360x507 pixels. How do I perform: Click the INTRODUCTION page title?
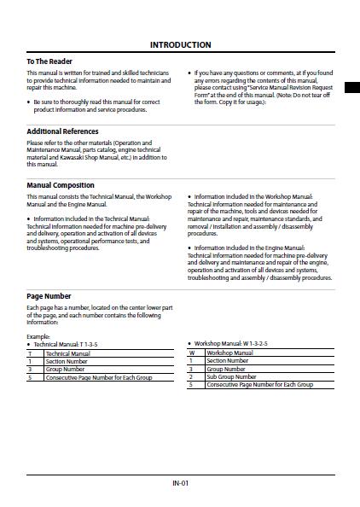[180, 44]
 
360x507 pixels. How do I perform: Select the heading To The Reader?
[49, 61]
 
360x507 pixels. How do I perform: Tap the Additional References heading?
[63, 131]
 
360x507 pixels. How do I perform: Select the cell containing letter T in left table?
[31, 353]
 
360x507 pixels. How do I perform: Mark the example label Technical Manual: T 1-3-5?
[67, 344]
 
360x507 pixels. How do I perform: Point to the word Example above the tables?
[38, 336]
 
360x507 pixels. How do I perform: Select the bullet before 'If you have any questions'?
[189, 73]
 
